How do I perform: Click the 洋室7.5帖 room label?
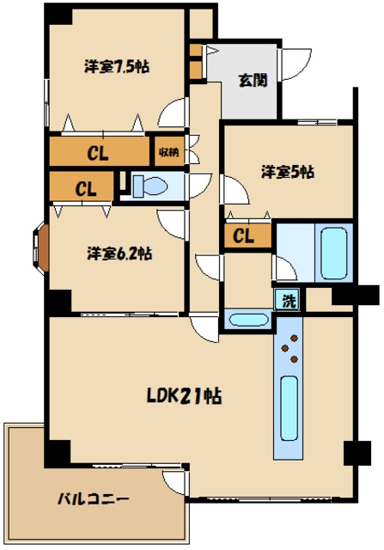117,66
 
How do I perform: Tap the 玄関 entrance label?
253,80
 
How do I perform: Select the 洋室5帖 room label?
288,172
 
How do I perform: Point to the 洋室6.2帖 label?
119,254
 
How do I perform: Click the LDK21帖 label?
184,396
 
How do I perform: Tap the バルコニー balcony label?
94,498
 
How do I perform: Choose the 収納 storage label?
169,152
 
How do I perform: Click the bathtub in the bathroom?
334,252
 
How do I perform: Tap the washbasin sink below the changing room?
248,320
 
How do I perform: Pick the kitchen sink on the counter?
290,408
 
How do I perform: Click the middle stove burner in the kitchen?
285,348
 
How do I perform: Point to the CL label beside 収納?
97,153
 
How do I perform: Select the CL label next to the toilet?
86,189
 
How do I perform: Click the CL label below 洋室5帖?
243,236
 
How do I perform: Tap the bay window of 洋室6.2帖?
40,247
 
